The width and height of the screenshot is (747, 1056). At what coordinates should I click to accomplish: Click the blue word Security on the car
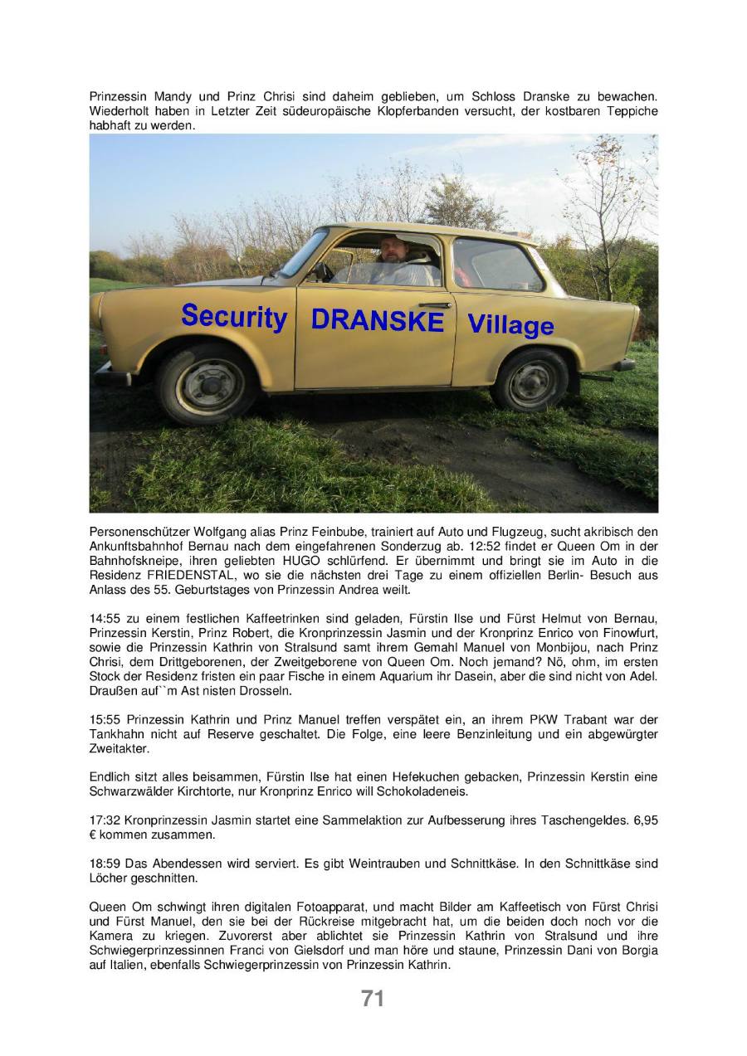[234, 316]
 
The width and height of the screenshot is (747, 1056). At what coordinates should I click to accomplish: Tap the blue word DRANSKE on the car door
[378, 321]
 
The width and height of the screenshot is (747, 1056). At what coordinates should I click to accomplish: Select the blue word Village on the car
[510, 324]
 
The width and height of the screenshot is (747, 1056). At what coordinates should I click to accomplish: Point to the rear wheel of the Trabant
[530, 381]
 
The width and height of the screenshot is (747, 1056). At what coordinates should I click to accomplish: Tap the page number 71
[373, 999]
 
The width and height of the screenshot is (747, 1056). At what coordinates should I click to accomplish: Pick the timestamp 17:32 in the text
[103, 820]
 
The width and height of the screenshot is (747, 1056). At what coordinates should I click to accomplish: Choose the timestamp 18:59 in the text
[103, 864]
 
